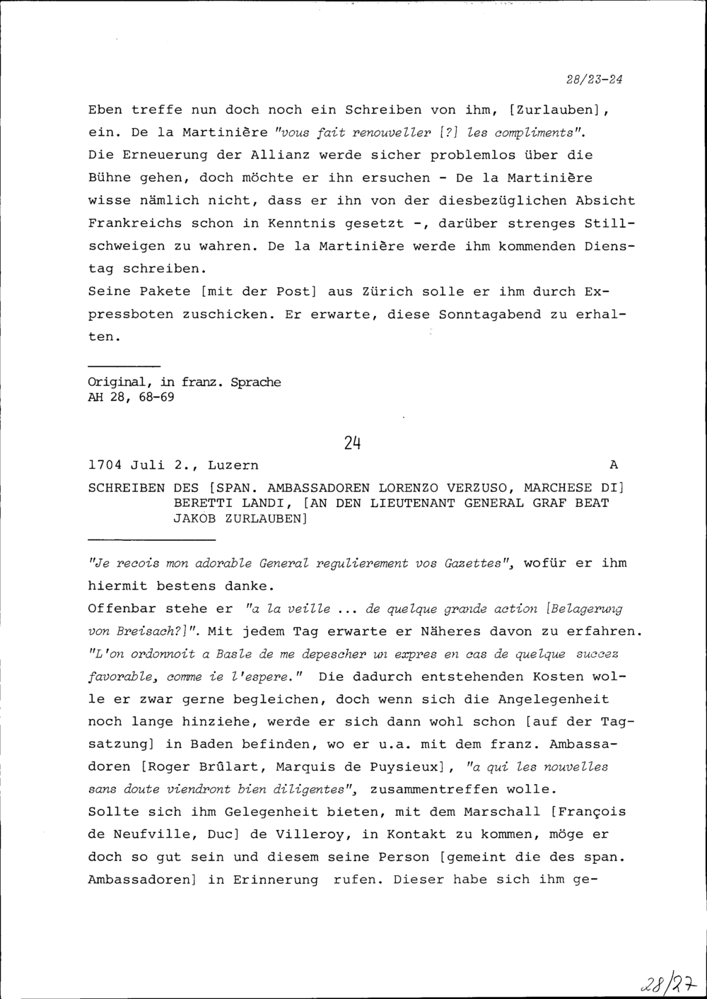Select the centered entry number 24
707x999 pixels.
353,443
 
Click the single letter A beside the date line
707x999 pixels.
613,465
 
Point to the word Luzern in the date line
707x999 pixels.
233,465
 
